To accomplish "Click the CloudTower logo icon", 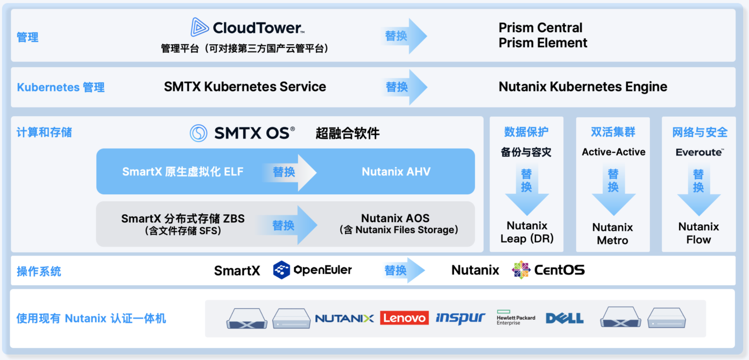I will point(200,27).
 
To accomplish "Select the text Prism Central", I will point(540,27).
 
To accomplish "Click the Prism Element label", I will point(543,43).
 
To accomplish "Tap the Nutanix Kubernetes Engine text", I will point(583,87).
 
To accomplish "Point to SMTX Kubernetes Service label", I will point(245,87).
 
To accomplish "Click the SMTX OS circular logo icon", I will point(199,133).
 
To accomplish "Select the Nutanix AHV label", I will point(396,172).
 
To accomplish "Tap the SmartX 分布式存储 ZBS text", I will point(183,218).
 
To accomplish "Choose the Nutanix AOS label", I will point(395,218).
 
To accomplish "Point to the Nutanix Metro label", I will point(612,234).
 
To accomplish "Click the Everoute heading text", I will point(699,152).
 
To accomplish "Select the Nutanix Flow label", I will point(698,233).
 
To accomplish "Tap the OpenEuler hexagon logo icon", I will point(281,270).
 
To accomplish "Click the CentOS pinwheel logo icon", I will point(521,270).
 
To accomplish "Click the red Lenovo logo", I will point(404,318).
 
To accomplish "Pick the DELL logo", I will point(564,318).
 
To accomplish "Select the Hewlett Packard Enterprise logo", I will point(515,318).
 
